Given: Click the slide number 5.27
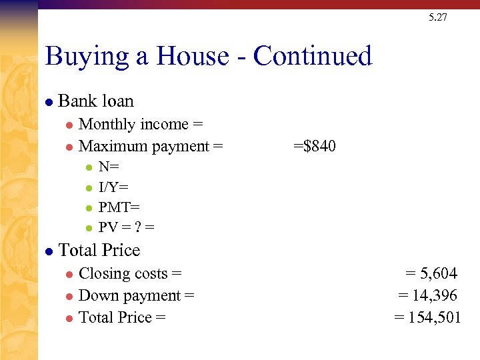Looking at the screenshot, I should (x=438, y=17).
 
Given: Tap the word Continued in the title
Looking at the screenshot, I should (x=313, y=56).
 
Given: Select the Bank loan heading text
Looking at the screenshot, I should (x=96, y=101).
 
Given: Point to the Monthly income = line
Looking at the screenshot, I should (x=141, y=125).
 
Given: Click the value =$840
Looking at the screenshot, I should (x=315, y=146).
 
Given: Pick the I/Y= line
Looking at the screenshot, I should (x=113, y=187).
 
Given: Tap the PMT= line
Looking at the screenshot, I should (x=119, y=207).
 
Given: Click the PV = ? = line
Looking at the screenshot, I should (x=126, y=227).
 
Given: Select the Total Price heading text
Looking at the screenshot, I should (x=99, y=251).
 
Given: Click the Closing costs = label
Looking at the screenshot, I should (x=130, y=273).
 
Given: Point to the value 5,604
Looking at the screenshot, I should (x=437, y=273).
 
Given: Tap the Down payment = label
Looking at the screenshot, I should (x=136, y=295).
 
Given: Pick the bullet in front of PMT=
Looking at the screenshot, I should (x=89, y=208).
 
